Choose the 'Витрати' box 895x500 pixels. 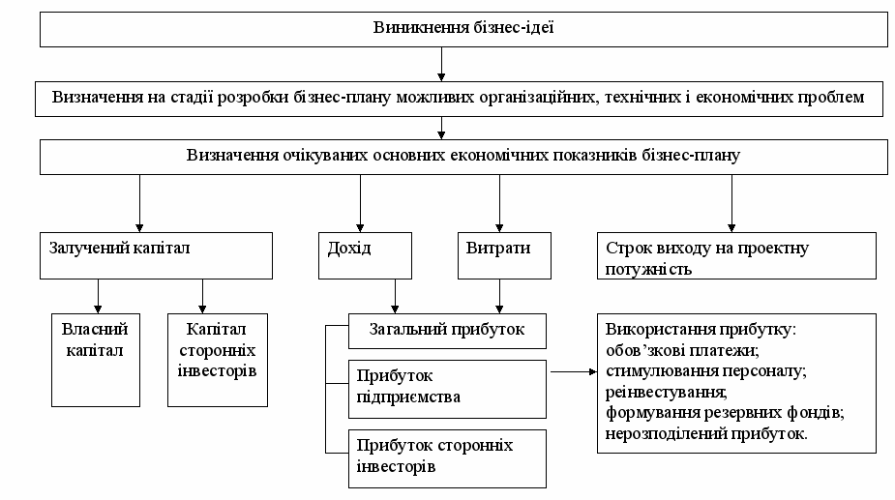(x=499, y=255)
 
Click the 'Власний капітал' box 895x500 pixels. (x=96, y=358)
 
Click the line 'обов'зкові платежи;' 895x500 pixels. (x=676, y=349)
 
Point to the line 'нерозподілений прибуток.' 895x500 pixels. (x=706, y=435)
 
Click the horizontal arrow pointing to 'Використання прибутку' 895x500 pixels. (x=571, y=370)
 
